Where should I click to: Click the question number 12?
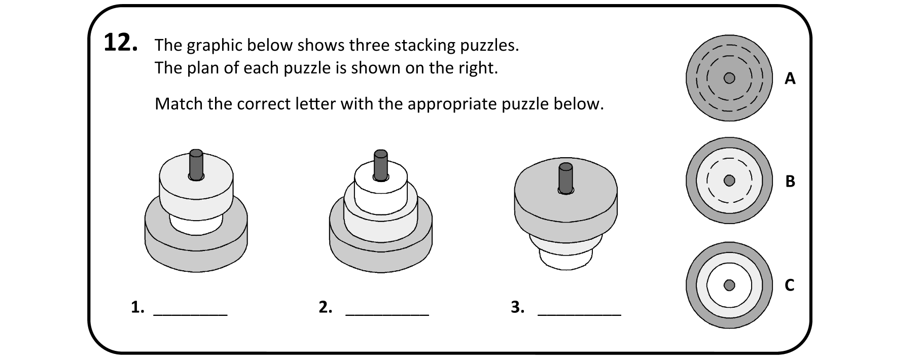point(120,43)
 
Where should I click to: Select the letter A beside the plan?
point(790,79)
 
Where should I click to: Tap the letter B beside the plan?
point(790,181)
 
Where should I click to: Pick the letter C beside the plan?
point(790,285)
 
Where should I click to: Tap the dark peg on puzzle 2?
point(380,164)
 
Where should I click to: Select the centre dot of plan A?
point(729,78)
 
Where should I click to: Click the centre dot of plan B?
point(729,181)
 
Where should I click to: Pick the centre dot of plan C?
point(729,285)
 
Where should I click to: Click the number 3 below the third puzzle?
point(517,307)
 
